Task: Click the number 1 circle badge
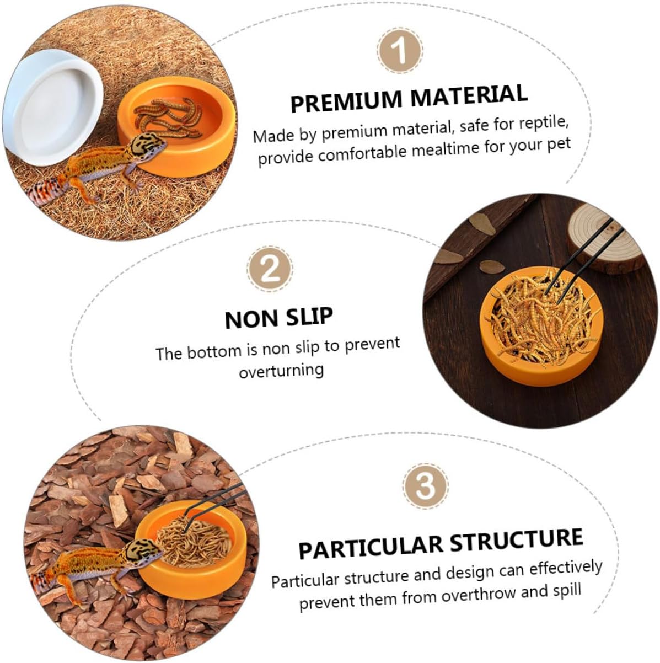pos(400,51)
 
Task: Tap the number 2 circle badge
pos(271,269)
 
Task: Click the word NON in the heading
pos(252,319)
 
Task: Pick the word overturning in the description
pos(281,371)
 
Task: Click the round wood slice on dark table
pos(606,237)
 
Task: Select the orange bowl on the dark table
pos(541,327)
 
